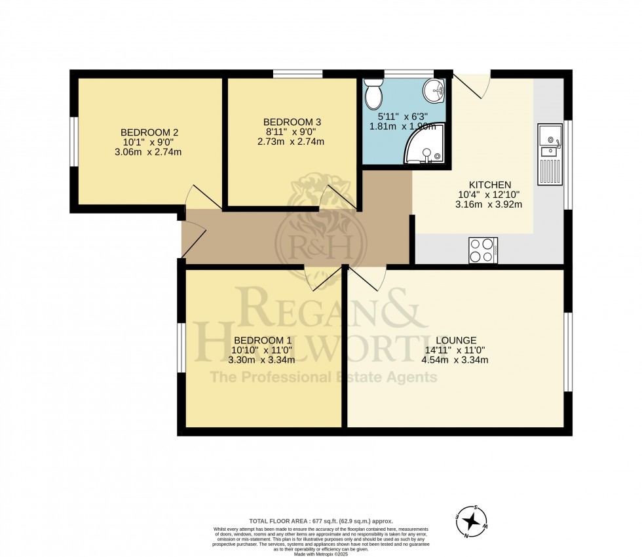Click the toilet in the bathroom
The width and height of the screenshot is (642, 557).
(x=373, y=94)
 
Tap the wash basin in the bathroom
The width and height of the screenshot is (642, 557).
(x=434, y=90)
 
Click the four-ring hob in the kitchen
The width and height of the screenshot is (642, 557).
(x=483, y=250)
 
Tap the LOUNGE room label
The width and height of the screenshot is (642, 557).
(x=455, y=339)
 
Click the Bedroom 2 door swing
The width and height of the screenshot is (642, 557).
(x=198, y=198)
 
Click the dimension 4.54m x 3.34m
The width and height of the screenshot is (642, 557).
(x=455, y=359)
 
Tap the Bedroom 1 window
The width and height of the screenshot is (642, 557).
(x=181, y=351)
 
